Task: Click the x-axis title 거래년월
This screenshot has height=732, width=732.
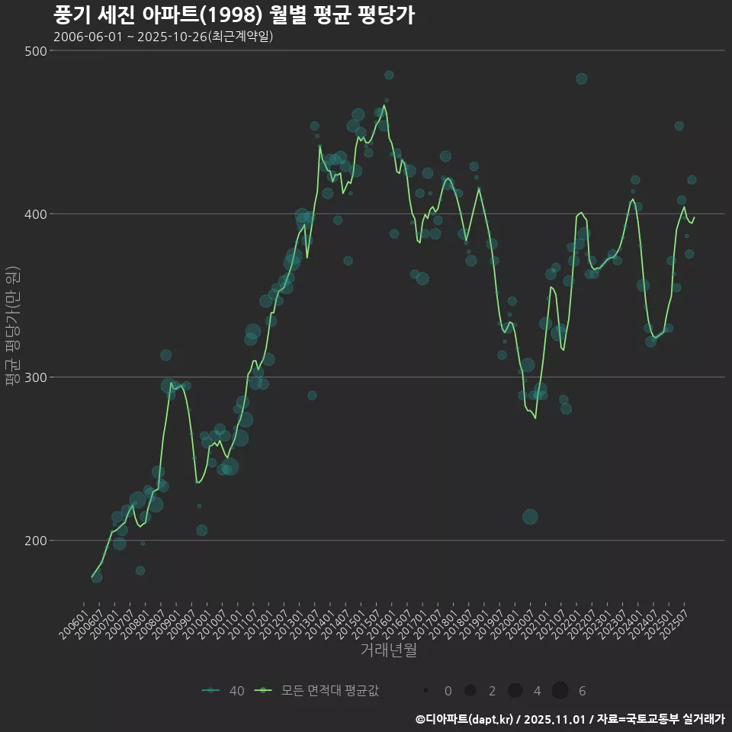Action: pyautogui.click(x=389, y=650)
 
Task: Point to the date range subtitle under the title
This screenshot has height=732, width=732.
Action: pyautogui.click(x=163, y=37)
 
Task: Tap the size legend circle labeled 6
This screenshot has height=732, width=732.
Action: pyautogui.click(x=560, y=691)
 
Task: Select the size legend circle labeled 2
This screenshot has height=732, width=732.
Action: pyautogui.click(x=470, y=691)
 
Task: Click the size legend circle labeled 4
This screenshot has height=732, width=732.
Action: pyautogui.click(x=515, y=691)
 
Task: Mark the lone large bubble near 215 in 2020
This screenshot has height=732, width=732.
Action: pyautogui.click(x=530, y=517)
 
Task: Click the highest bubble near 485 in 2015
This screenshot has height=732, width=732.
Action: pyautogui.click(x=389, y=75)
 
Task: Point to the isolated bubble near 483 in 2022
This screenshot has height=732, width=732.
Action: pyautogui.click(x=582, y=79)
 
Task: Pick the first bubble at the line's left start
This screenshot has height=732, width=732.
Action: pyautogui.click(x=97, y=577)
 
